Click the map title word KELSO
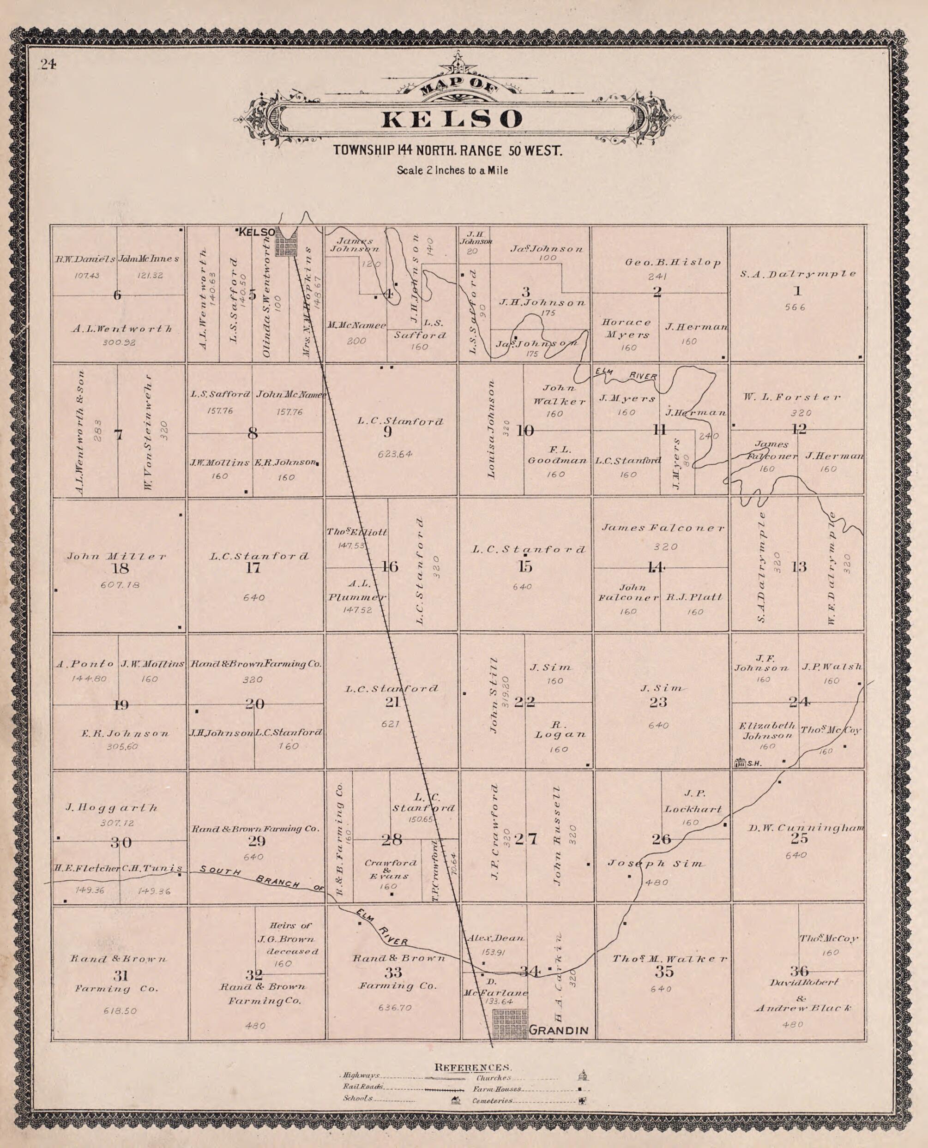click(x=452, y=119)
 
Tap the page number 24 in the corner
click(x=47, y=64)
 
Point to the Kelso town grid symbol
click(x=285, y=246)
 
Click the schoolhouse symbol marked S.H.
click(x=741, y=763)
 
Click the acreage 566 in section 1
click(x=795, y=307)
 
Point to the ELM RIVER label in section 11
click(x=626, y=373)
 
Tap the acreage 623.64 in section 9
click(x=393, y=454)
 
